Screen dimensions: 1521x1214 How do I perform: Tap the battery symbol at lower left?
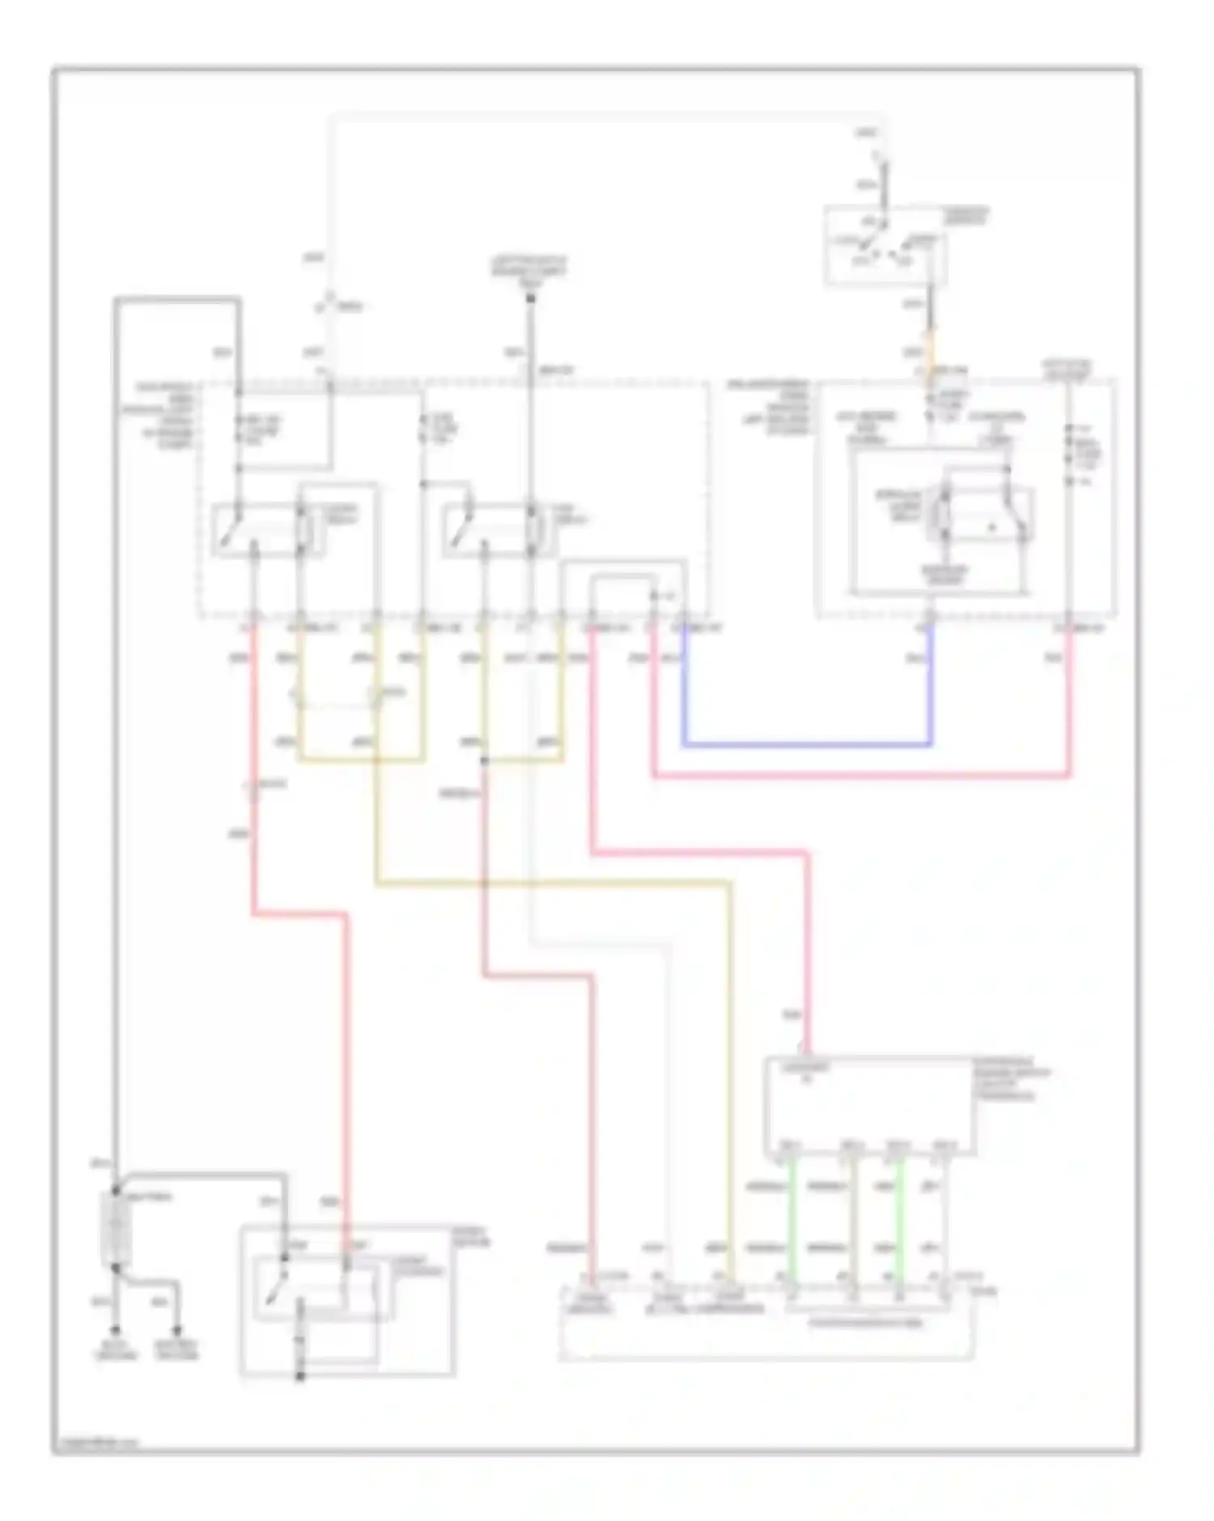116,1227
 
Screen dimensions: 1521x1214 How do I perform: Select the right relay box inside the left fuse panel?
498,530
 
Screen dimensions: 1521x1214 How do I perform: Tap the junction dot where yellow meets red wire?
484,760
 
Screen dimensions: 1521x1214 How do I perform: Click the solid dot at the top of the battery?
116,1189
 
